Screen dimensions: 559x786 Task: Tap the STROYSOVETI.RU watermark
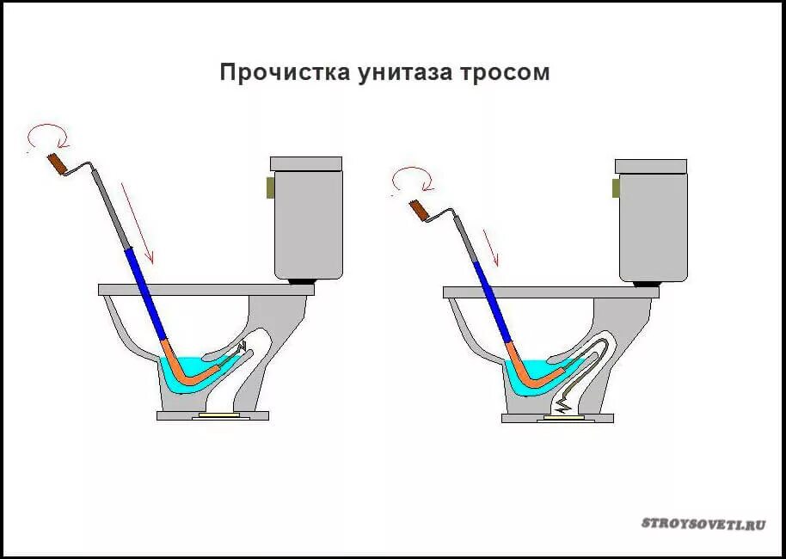tap(702, 523)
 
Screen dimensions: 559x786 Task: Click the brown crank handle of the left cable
tap(58, 163)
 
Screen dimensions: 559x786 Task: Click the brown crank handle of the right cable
tap(420, 209)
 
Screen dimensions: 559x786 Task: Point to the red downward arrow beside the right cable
tap(491, 246)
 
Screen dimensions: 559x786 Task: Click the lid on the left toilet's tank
tap(306, 163)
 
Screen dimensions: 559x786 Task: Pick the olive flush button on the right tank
tap(615, 187)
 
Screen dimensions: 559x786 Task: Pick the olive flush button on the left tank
tap(270, 186)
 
